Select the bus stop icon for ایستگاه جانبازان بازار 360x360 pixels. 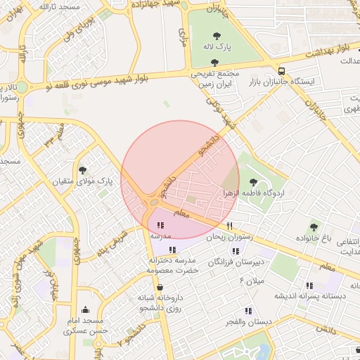(282, 71)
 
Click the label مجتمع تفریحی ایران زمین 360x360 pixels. (214, 78)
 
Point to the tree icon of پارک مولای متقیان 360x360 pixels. (83, 169)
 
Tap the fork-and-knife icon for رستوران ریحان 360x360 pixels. (229, 227)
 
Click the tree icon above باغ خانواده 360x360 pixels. (314, 226)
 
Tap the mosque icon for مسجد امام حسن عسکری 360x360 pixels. (85, 309)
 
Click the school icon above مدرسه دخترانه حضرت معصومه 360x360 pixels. (173, 250)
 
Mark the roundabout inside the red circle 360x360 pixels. (154, 204)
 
